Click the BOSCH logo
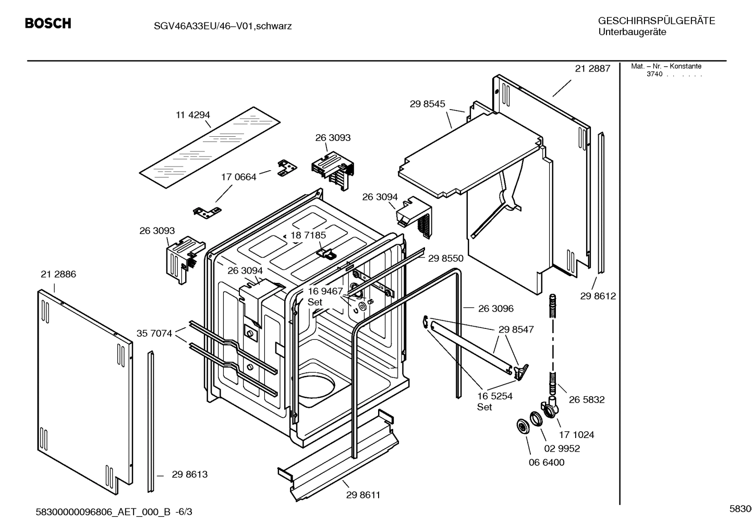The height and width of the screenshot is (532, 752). tap(48, 23)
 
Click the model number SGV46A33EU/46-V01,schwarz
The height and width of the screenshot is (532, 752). tap(215, 26)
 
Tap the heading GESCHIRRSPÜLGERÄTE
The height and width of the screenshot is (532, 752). tap(656, 21)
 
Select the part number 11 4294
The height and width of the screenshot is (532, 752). tap(192, 115)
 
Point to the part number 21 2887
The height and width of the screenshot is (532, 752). tap(592, 68)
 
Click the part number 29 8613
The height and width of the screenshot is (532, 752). tap(189, 474)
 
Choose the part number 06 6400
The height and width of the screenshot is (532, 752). tap(546, 462)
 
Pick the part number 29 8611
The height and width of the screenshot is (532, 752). tap(363, 495)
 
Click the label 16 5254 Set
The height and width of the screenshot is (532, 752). tap(494, 401)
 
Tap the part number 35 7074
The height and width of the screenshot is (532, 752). tap(154, 333)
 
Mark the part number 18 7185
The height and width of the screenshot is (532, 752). tap(308, 235)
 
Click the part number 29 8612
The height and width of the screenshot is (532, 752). tap(598, 296)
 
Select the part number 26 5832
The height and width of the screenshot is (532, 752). tap(587, 399)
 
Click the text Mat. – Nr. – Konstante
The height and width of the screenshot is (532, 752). tap(666, 66)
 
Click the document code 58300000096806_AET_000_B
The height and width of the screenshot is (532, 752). tap(103, 512)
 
